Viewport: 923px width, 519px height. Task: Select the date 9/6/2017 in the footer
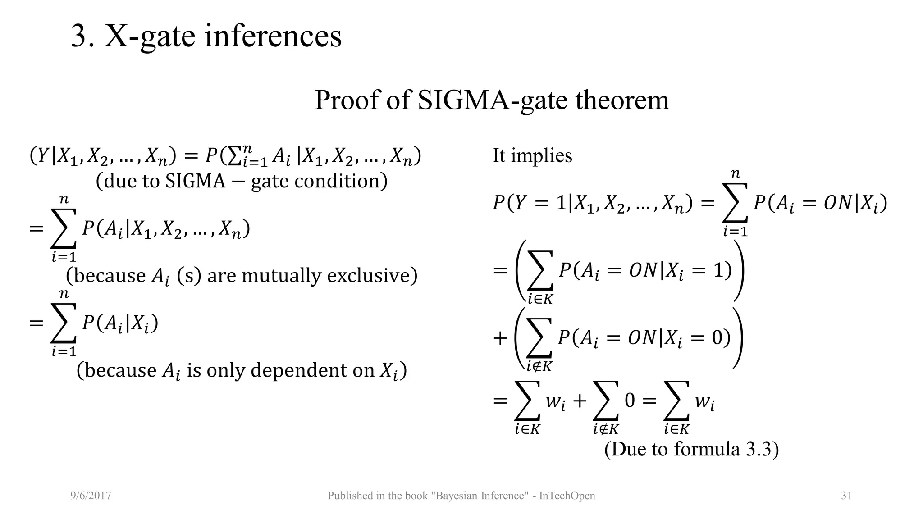pos(91,496)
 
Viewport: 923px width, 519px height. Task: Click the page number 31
pos(846,496)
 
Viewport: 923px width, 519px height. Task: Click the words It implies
pos(532,156)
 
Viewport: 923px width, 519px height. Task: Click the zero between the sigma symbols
pos(630,400)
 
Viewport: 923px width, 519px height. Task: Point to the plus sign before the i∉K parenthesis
pos(500,338)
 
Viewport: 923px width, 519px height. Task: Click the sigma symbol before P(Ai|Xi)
pos(63,323)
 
